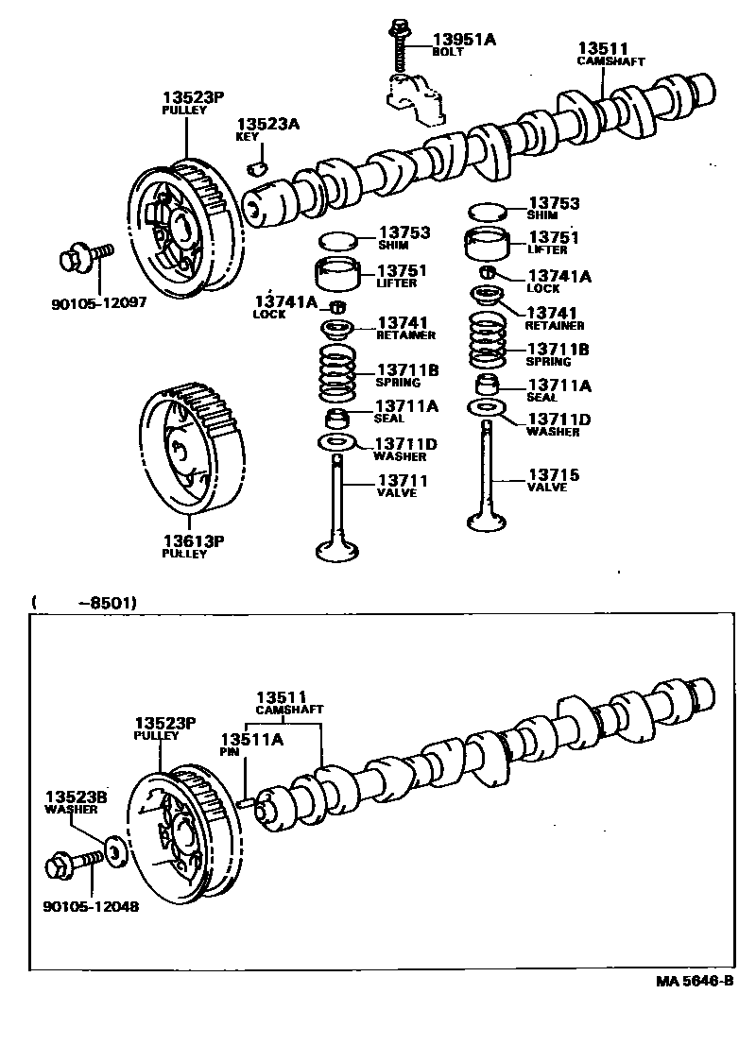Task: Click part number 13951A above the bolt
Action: point(464,39)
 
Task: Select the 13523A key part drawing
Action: point(254,169)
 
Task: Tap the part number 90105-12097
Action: point(99,304)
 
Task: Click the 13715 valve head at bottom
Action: point(491,520)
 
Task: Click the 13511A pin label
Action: point(252,739)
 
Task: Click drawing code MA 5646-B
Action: point(695,980)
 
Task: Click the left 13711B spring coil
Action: point(336,375)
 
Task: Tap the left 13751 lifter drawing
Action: point(339,273)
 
